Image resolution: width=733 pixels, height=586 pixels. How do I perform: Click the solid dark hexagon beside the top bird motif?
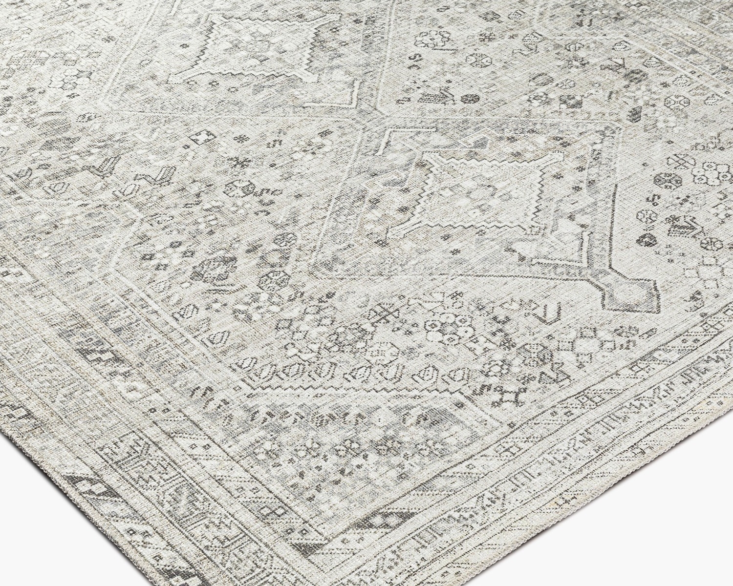[471, 99]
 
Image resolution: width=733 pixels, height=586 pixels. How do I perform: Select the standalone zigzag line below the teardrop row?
[313, 386]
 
